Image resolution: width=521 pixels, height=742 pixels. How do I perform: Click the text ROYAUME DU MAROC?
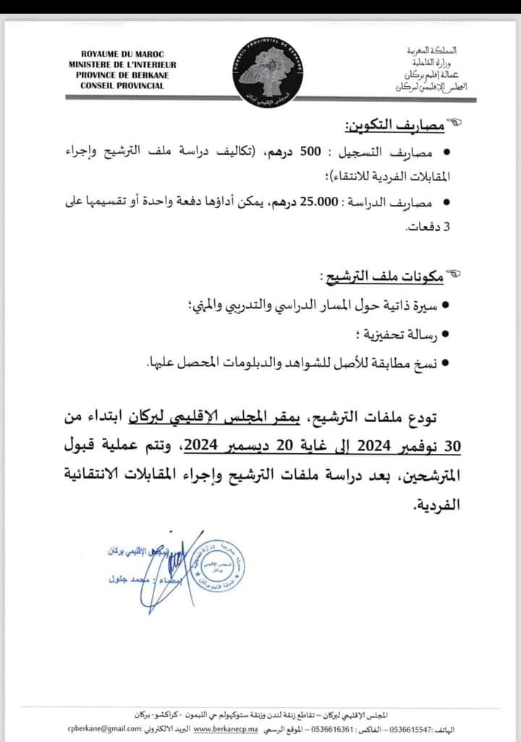coord(122,54)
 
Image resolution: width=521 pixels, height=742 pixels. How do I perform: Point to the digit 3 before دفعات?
coord(446,227)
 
